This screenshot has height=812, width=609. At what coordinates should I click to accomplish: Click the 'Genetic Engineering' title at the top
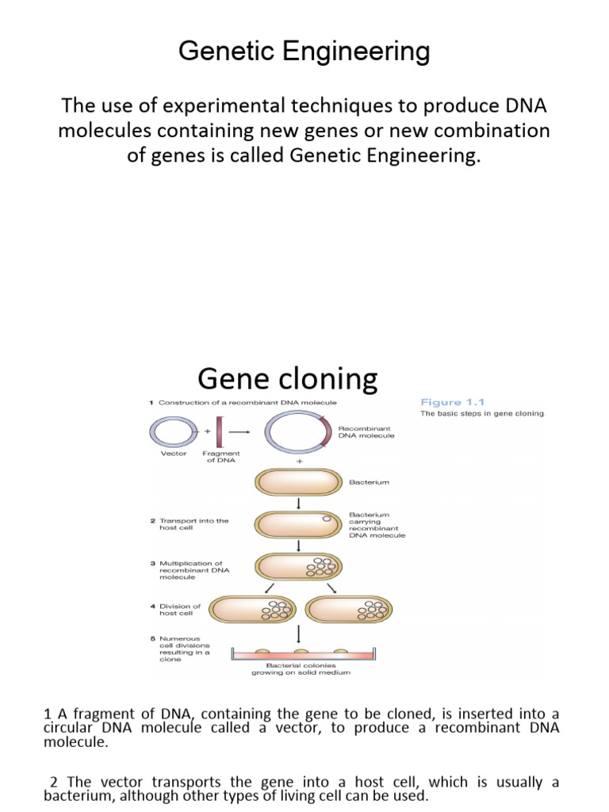click(304, 52)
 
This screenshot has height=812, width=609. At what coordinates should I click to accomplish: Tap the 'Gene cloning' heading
click(287, 379)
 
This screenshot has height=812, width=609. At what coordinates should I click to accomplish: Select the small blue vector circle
click(169, 433)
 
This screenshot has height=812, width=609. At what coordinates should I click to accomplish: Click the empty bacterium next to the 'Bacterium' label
click(298, 482)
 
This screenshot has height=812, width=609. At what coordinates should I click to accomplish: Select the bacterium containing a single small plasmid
click(298, 524)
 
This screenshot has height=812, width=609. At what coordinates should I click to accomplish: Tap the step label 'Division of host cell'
click(181, 609)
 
